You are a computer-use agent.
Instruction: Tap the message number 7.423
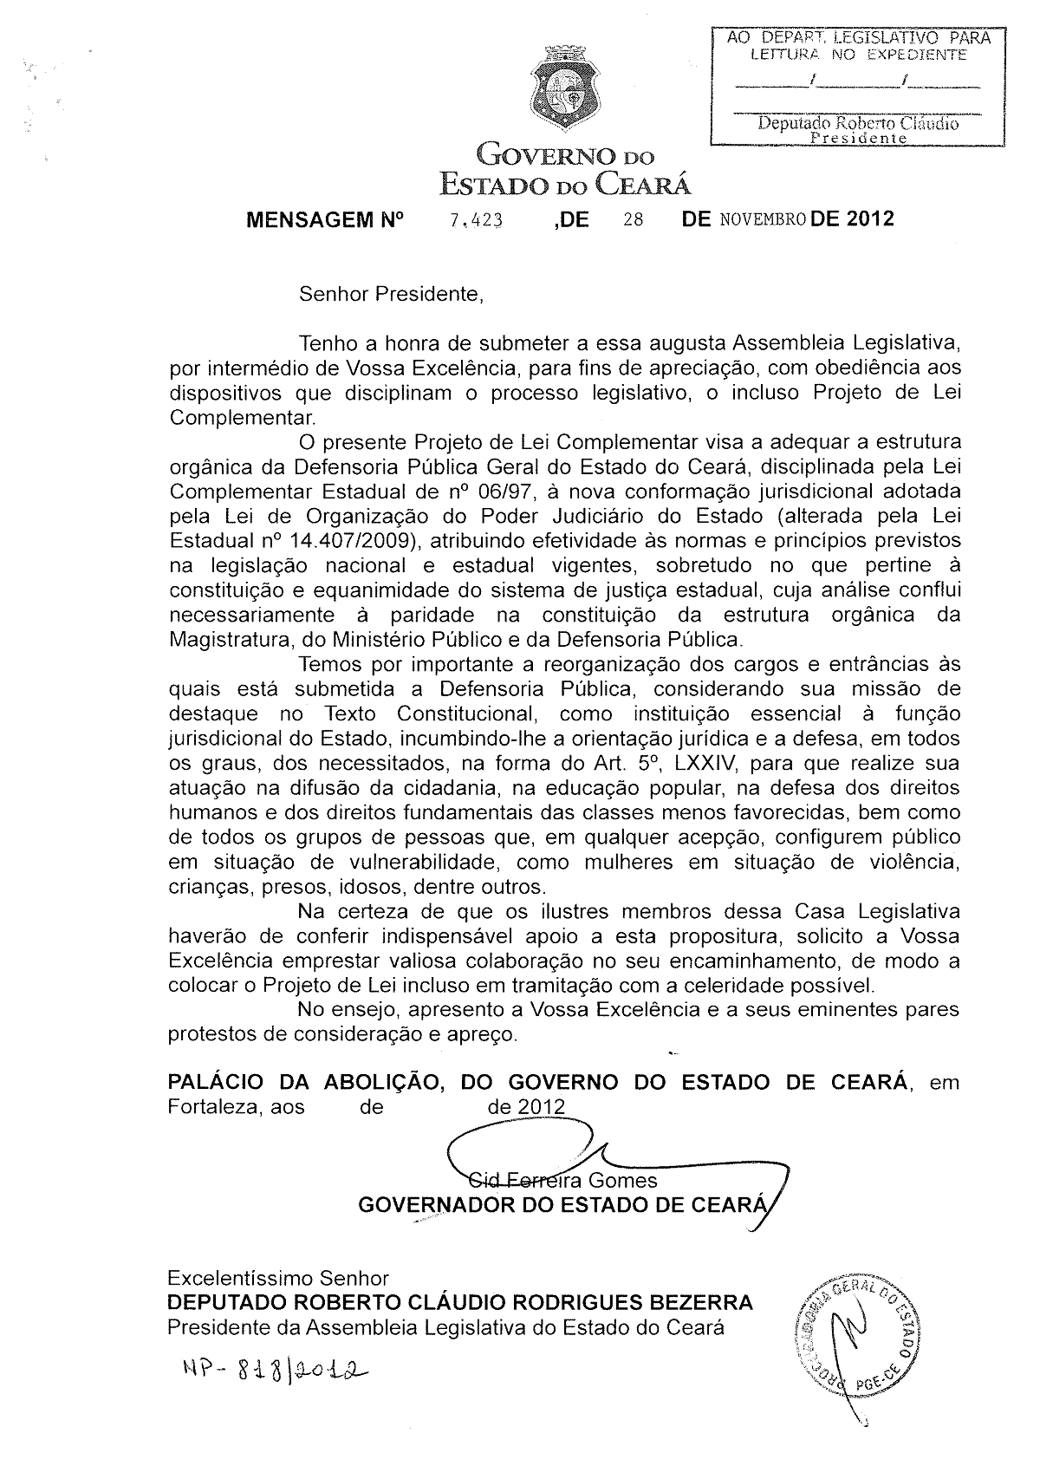[x=476, y=220]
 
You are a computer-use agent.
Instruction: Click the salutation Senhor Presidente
[x=390, y=294]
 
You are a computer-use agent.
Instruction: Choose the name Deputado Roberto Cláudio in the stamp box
[x=857, y=123]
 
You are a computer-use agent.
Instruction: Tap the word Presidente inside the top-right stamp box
[x=857, y=138]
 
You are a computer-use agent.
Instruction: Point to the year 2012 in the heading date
[x=870, y=219]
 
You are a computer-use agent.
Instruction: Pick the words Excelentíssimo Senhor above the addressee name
[x=278, y=1278]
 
